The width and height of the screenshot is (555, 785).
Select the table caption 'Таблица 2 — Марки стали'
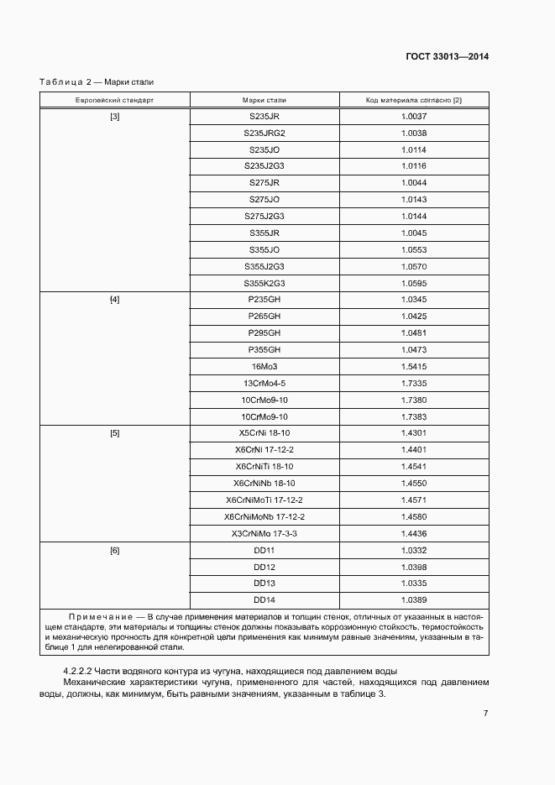(x=97, y=82)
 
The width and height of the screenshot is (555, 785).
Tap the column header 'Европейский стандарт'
(x=114, y=100)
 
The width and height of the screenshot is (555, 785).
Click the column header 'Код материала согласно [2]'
(x=414, y=100)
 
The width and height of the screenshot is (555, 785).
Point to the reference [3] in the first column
(x=114, y=117)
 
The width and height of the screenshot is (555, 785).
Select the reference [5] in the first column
(x=114, y=433)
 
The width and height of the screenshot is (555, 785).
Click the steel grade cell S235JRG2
(x=264, y=133)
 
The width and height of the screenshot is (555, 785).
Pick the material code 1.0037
(x=414, y=117)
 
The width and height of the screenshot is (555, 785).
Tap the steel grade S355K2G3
(x=264, y=283)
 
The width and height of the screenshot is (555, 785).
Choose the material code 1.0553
(x=414, y=250)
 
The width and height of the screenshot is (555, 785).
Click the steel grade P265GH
(x=264, y=317)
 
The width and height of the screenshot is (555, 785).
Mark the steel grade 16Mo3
(x=264, y=367)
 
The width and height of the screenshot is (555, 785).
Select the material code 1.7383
(x=414, y=416)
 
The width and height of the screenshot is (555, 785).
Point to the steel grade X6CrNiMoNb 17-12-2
(x=264, y=516)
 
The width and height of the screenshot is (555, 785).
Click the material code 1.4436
(x=414, y=533)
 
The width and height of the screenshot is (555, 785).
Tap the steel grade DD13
(x=264, y=583)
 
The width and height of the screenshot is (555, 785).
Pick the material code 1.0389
(x=414, y=599)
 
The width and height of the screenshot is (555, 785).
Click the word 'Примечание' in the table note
(x=98, y=617)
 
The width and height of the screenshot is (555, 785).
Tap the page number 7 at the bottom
(x=485, y=714)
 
